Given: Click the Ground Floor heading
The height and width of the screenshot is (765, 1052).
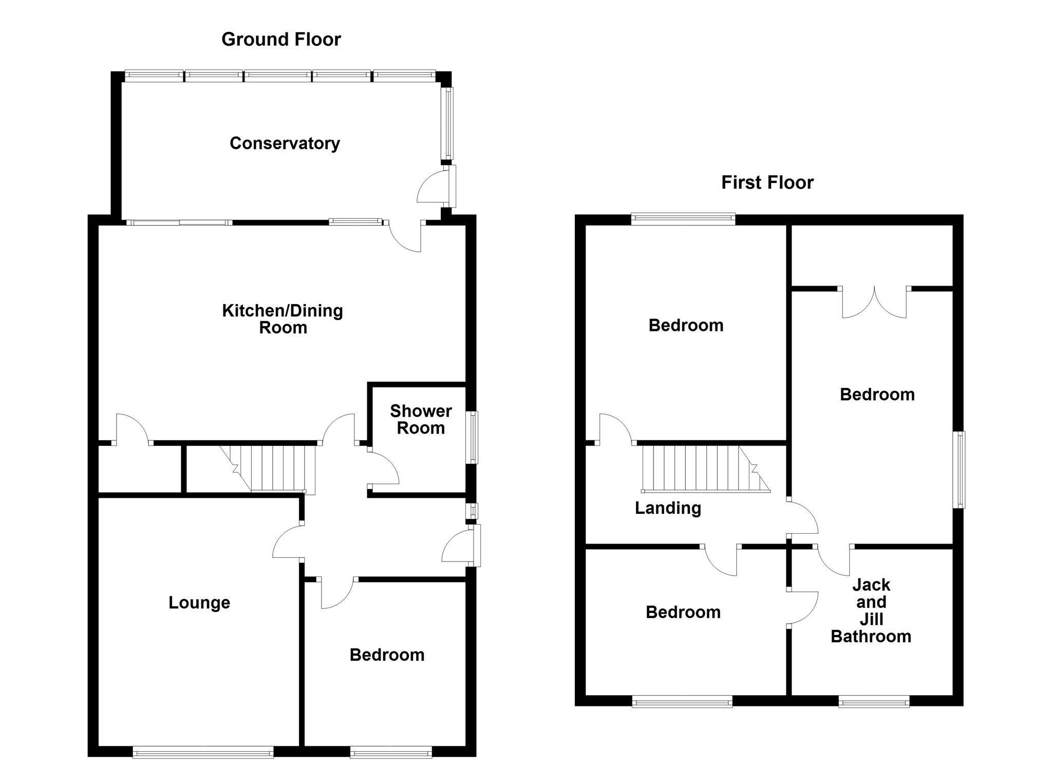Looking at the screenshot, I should coord(281,40).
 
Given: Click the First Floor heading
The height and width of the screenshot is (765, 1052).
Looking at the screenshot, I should coord(767,182).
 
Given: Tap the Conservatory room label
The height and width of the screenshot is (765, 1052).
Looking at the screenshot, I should coord(285,143).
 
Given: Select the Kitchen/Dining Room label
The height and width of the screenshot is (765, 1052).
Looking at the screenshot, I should coord(283,319).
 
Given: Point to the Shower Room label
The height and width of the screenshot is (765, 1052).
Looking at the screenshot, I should coord(421,419).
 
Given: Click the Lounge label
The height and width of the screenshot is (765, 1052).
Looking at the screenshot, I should coord(199,603).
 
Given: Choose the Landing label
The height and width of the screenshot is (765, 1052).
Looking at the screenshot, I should coord(668,508).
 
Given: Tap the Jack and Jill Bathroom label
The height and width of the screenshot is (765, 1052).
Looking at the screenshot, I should coord(871,610).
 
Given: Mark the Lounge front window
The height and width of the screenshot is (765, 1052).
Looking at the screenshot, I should coord(203,754).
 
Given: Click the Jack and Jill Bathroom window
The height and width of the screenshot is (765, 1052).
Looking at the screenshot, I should coord(874,701).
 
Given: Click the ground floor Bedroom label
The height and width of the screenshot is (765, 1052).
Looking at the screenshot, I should coord(387,655).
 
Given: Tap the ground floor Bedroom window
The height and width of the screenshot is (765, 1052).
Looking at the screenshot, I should coord(391,754).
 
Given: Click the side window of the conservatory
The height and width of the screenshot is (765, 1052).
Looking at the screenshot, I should coord(448,123).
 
